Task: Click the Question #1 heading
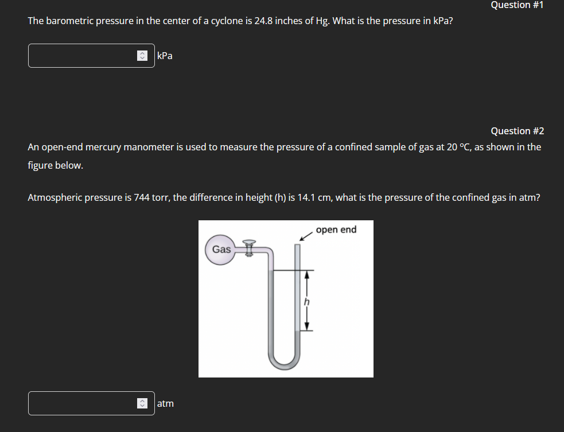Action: coord(517,5)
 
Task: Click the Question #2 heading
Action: coord(517,131)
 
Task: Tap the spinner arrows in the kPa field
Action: coord(142,56)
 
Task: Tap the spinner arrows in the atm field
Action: coord(142,403)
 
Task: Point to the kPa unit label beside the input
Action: coord(165,56)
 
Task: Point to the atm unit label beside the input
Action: coord(165,403)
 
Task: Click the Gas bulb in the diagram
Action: coord(221,250)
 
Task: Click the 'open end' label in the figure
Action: coord(336,229)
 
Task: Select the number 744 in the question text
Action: coord(142,198)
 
